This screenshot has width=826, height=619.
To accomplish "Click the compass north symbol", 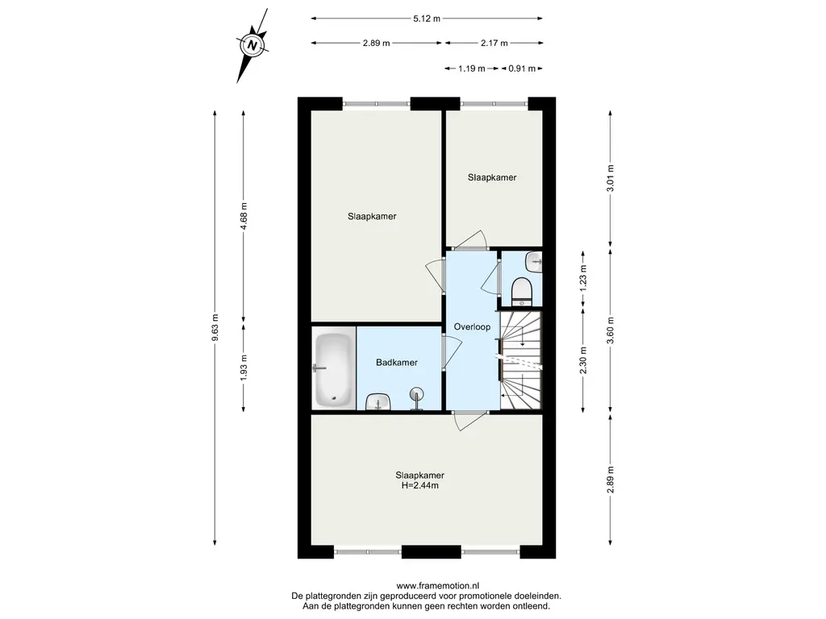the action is coord(252,45).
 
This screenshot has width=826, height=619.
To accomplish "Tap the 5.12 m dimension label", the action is coord(427,19).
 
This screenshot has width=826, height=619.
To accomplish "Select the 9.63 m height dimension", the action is coord(215,327).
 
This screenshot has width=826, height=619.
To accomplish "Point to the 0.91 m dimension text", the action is coord(522,69).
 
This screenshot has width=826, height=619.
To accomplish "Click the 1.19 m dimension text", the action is coord(471,69).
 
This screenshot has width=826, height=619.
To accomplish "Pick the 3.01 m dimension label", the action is coord(611,178).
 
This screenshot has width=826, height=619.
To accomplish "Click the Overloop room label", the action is coord(472,327).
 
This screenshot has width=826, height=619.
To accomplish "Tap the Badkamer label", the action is coord(397,362).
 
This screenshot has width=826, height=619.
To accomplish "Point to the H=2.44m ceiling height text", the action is coord(419,485).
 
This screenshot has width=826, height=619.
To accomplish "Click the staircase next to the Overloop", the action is coord(520,360).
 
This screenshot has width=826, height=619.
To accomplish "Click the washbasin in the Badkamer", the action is coord(378,401).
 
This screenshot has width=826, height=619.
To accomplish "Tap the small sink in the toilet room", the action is coord(536,262).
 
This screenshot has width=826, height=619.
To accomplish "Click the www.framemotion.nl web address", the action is coord(438,585).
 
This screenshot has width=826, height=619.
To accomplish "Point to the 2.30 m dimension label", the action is coord(583,360).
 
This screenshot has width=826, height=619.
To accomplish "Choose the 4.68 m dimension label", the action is coord(243,216).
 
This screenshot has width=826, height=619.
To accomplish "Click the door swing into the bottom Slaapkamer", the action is coord(470,422).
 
